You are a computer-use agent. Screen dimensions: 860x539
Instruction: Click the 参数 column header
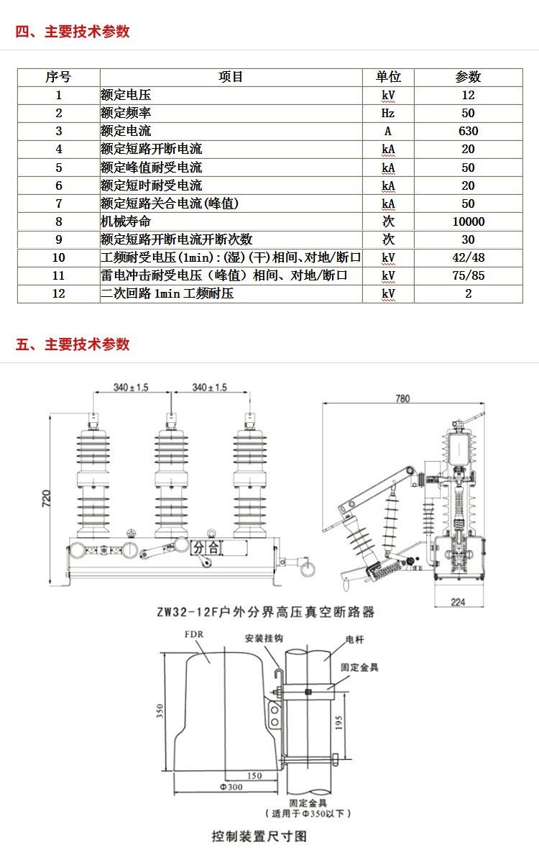[x=468, y=77]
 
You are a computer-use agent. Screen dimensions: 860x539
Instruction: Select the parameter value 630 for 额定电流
[x=468, y=131]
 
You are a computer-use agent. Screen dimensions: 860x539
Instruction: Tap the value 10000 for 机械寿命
[x=468, y=221]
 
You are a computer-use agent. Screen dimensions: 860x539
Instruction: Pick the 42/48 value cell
[x=468, y=257]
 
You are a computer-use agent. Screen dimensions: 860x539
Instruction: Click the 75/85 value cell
[x=468, y=275]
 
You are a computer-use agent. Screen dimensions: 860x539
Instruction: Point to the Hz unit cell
[x=388, y=113]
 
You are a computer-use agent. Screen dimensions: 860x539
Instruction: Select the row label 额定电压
[x=126, y=95]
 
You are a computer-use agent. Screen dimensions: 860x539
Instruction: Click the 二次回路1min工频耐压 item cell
[x=167, y=293]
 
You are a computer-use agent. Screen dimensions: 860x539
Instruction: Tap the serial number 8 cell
[x=59, y=221]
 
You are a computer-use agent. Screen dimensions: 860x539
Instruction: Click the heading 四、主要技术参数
[x=73, y=32]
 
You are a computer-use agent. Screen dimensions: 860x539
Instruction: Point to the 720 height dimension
[x=45, y=498]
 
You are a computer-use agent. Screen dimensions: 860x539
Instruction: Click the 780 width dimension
[x=402, y=398]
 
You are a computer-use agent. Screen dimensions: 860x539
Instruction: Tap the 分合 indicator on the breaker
[x=206, y=548]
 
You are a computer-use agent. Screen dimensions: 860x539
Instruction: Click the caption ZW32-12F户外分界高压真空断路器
[x=265, y=613]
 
